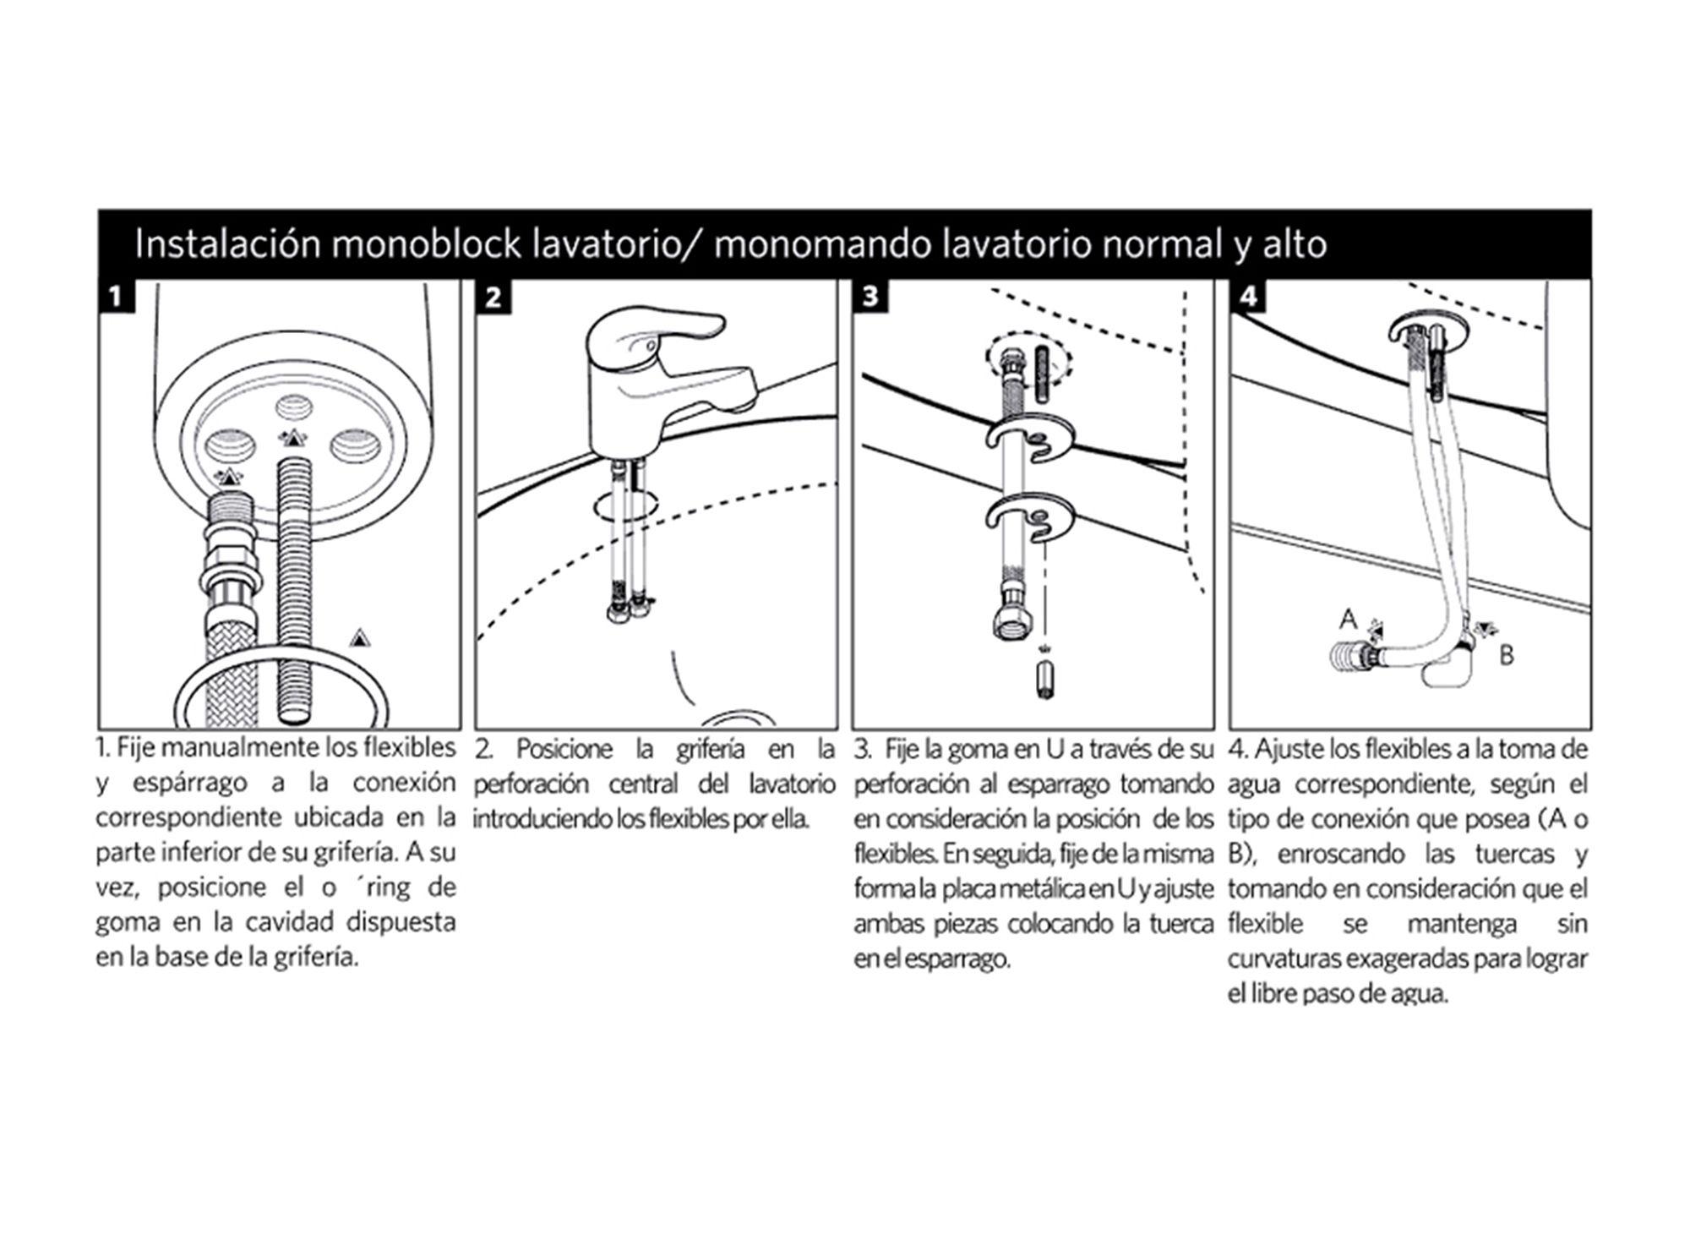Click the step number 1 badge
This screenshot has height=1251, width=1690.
click(x=117, y=297)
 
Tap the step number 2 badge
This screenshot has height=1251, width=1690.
click(x=493, y=297)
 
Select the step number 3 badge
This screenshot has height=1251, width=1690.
click(x=870, y=297)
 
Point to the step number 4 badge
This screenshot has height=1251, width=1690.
click(x=1247, y=297)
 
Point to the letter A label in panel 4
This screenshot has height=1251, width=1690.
click(x=1348, y=620)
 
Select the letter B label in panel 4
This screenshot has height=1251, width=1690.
click(x=1506, y=655)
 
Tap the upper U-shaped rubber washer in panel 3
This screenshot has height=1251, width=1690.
click(x=1028, y=440)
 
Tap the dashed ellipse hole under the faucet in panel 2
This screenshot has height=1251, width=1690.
click(x=626, y=505)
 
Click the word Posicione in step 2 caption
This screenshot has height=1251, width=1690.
click(x=564, y=750)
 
